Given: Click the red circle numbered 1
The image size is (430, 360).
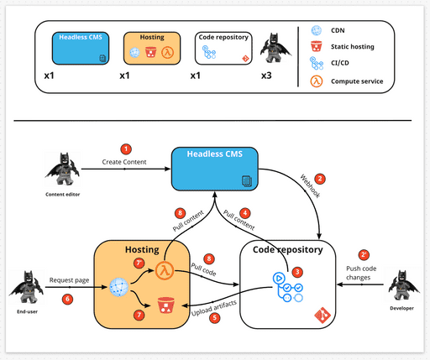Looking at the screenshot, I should (127, 149).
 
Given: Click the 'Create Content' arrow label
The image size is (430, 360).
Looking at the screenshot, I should (124, 161).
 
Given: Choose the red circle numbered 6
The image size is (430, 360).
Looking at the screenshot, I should (69, 299).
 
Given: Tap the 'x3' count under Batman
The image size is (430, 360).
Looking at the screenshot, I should (265, 76).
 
